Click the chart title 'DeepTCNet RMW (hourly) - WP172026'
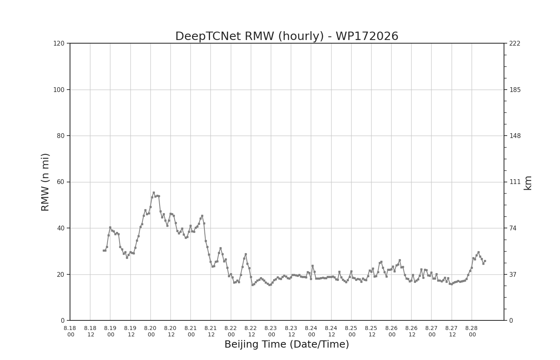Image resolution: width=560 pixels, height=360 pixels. coord(287,36)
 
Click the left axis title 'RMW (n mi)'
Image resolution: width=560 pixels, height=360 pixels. coord(45,182)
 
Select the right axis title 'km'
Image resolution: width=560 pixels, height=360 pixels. coord(527,183)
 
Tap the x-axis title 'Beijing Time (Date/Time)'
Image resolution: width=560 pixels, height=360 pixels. coord(287,344)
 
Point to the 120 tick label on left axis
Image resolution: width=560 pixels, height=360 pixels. coord(59,44)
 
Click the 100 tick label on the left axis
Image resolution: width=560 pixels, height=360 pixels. coord(59,90)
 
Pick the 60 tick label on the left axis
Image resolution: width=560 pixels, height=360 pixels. coord(60,182)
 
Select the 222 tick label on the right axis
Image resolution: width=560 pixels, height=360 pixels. coord(515,44)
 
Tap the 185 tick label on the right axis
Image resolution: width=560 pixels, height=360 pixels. coord(515,90)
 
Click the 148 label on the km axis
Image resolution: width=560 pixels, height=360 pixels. coord(515,136)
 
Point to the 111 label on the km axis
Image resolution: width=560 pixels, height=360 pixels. coord(515,182)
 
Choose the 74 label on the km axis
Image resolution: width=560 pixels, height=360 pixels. coord(513,228)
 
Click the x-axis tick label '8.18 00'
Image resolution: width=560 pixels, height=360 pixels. coord(70,331)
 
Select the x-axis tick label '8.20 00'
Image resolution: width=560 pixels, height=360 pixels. coord(150,331)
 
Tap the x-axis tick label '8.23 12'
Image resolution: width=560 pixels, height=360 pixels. coord(291,331)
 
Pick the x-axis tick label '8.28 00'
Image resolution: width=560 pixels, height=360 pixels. coord(472,331)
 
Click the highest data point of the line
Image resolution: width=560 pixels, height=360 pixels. coord(154,193)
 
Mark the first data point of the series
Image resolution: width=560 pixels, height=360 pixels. coord(104,250)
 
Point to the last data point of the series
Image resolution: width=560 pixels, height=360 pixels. coord(485,261)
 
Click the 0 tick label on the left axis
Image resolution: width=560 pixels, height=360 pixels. coord(62,320)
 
